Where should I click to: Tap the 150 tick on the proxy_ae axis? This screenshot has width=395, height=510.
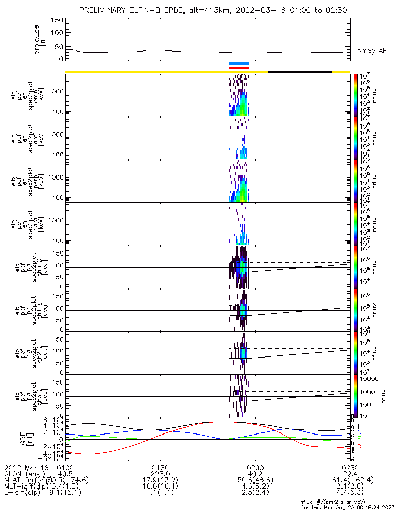(57, 20)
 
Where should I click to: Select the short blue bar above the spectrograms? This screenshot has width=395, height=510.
(239, 64)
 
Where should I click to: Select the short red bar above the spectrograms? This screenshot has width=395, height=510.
(239, 68)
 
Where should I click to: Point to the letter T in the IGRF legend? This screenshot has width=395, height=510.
(359, 425)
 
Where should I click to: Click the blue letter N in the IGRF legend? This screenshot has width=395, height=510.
(359, 432)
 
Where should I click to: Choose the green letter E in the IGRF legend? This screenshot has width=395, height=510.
(359, 439)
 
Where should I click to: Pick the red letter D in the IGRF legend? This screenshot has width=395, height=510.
(359, 447)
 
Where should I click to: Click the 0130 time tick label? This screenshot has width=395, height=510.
(160, 468)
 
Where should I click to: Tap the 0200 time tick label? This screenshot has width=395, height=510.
(254, 468)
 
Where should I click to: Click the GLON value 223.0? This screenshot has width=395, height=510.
(160, 474)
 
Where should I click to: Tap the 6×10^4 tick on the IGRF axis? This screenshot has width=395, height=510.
(52, 419)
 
